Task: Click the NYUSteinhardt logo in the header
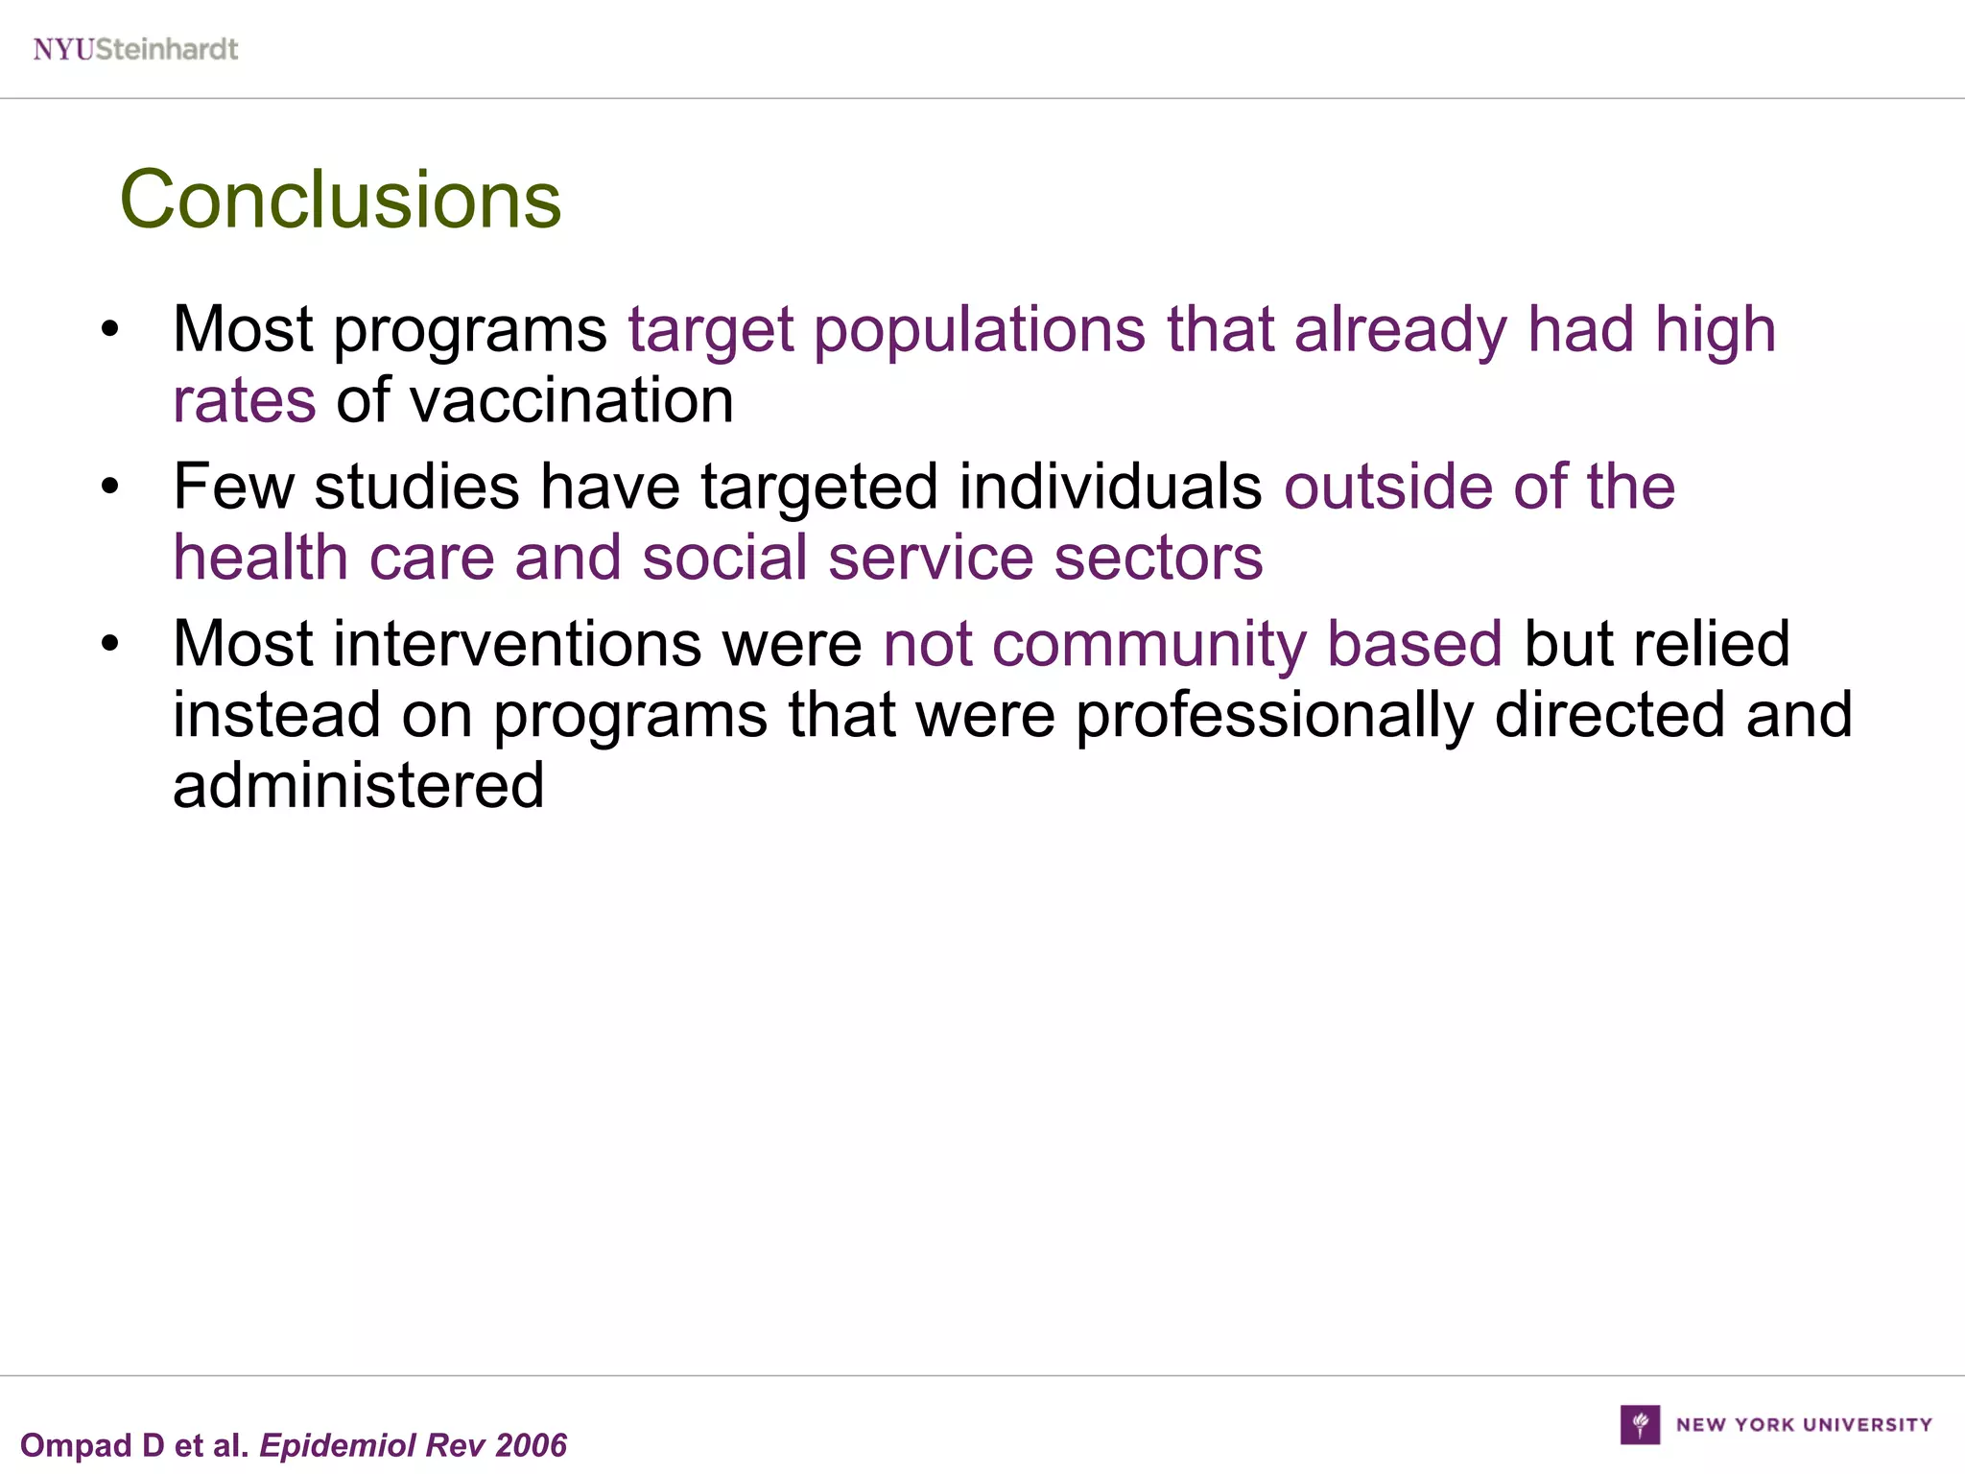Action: (x=135, y=49)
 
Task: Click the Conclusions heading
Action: (x=341, y=200)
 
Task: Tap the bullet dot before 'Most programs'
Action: (x=110, y=330)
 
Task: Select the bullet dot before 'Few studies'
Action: (x=110, y=487)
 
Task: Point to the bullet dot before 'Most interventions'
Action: (x=110, y=644)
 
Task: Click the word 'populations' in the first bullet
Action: (x=979, y=330)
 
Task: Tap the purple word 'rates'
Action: (x=245, y=402)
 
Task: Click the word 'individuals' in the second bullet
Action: (x=1110, y=487)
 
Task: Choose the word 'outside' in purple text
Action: (x=1387, y=487)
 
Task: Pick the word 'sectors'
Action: (x=1158, y=558)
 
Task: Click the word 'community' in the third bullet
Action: (x=1148, y=645)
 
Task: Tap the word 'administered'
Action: (x=359, y=785)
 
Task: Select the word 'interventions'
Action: (x=518, y=644)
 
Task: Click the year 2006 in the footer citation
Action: (x=532, y=1445)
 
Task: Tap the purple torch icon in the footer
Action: (x=1640, y=1424)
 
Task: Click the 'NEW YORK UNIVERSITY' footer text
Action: (x=1804, y=1425)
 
